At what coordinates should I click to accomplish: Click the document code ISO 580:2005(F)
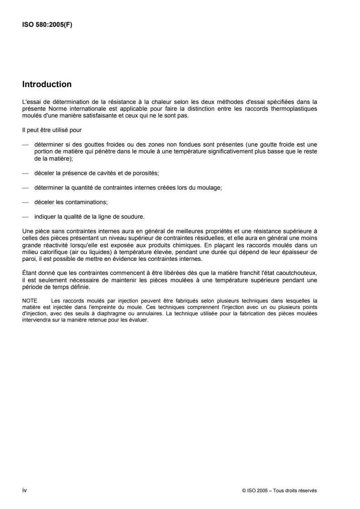pos(47,25)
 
